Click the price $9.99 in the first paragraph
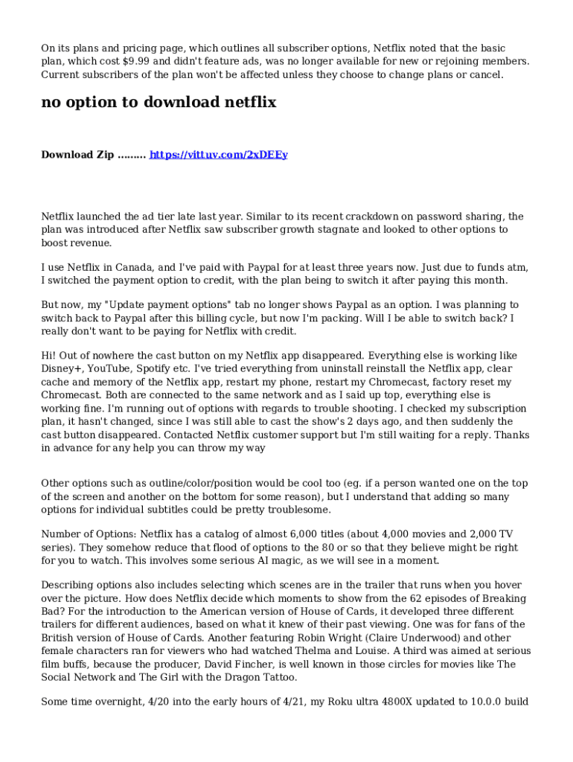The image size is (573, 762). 141,62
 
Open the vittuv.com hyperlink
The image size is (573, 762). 219,155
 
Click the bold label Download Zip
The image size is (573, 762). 77,155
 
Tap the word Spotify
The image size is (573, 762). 162,369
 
